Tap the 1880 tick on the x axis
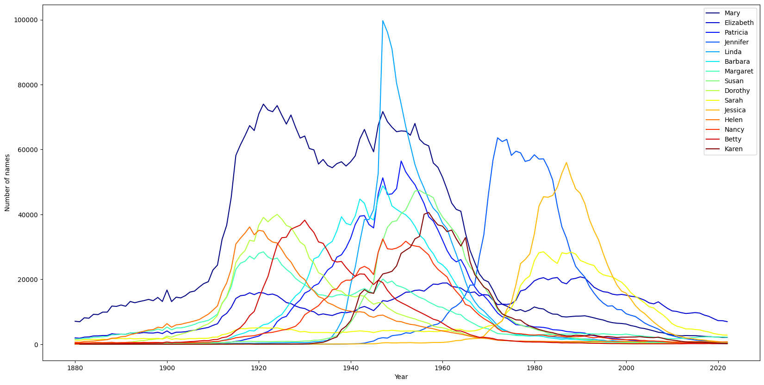pyautogui.click(x=75, y=368)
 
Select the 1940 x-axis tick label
pyautogui.click(x=351, y=368)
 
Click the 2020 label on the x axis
pyautogui.click(x=718, y=368)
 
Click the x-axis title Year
pyautogui.click(x=401, y=377)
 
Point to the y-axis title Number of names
pyautogui.click(x=7, y=183)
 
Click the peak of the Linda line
pyautogui.click(x=383, y=20)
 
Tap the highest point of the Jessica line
pyautogui.click(x=566, y=162)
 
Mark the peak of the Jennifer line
pyautogui.click(x=497, y=138)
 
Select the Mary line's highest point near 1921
pyautogui.click(x=263, y=104)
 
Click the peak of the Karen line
pyautogui.click(x=429, y=213)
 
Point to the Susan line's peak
pyautogui.click(x=417, y=190)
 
